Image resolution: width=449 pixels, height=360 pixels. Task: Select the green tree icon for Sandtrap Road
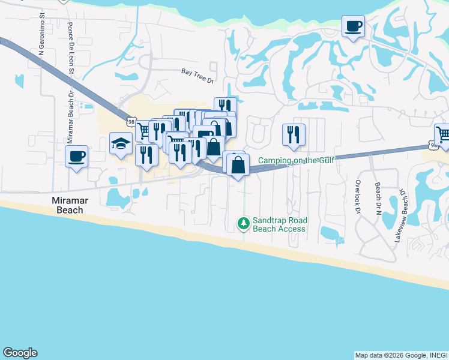pos(243,224)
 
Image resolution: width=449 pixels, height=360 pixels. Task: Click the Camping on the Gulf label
pos(296,160)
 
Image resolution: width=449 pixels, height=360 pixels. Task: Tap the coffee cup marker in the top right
pos(354,26)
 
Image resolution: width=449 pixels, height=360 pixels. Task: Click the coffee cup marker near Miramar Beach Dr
pos(76,157)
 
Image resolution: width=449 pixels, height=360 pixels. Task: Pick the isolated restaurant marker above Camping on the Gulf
pos(294,135)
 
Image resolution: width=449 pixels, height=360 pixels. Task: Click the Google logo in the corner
pos(20,353)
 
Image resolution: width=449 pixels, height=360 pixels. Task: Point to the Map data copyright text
pos(401,355)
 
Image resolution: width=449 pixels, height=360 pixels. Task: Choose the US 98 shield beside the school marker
pos(131,121)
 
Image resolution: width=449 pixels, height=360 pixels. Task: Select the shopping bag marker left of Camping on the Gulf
pos(238,164)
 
